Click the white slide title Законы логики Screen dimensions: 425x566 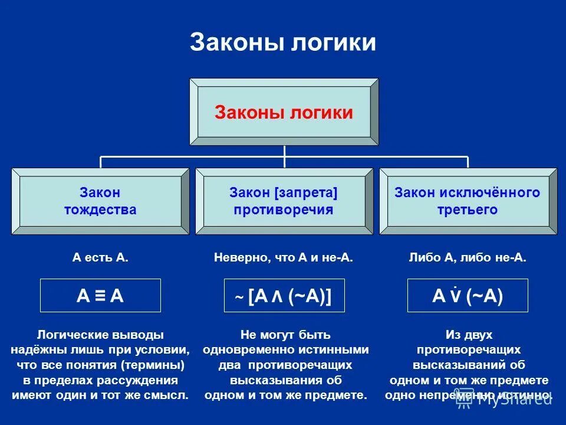(x=283, y=43)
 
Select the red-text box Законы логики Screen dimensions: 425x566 (x=284, y=112)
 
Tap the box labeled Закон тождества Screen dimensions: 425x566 (x=100, y=201)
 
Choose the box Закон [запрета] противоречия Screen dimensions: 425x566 (x=284, y=201)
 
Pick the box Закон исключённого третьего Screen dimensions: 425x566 (x=468, y=201)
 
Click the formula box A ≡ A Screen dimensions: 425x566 (x=100, y=296)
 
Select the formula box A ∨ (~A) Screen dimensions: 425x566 (x=468, y=296)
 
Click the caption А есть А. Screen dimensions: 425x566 (x=100, y=258)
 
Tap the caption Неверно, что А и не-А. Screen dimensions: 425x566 (x=284, y=258)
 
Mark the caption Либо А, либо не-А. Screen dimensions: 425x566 (x=468, y=258)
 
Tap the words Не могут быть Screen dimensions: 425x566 (x=285, y=335)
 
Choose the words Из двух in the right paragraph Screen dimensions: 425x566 (x=468, y=335)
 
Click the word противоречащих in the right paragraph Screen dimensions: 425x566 (x=468, y=349)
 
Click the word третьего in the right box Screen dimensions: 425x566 (x=468, y=210)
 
